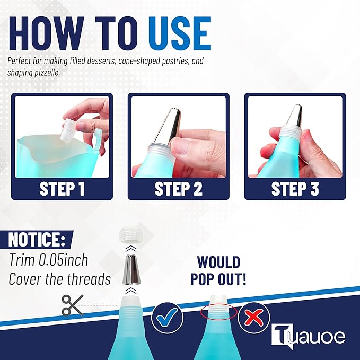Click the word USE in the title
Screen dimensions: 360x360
click(180, 33)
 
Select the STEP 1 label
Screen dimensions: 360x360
click(62, 189)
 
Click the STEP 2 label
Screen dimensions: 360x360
click(178, 189)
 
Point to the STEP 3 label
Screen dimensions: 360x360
click(295, 189)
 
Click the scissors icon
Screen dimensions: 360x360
click(72, 305)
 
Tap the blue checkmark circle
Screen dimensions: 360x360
click(168, 318)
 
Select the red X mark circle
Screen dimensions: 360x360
click(254, 318)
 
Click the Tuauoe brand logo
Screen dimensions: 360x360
click(308, 336)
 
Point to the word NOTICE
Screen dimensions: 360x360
click(37, 240)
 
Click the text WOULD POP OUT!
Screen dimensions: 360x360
click(218, 270)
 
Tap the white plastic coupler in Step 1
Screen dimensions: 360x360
click(67, 130)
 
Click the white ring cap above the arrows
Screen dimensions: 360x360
click(130, 235)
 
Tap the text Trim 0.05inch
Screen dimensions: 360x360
click(48, 260)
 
